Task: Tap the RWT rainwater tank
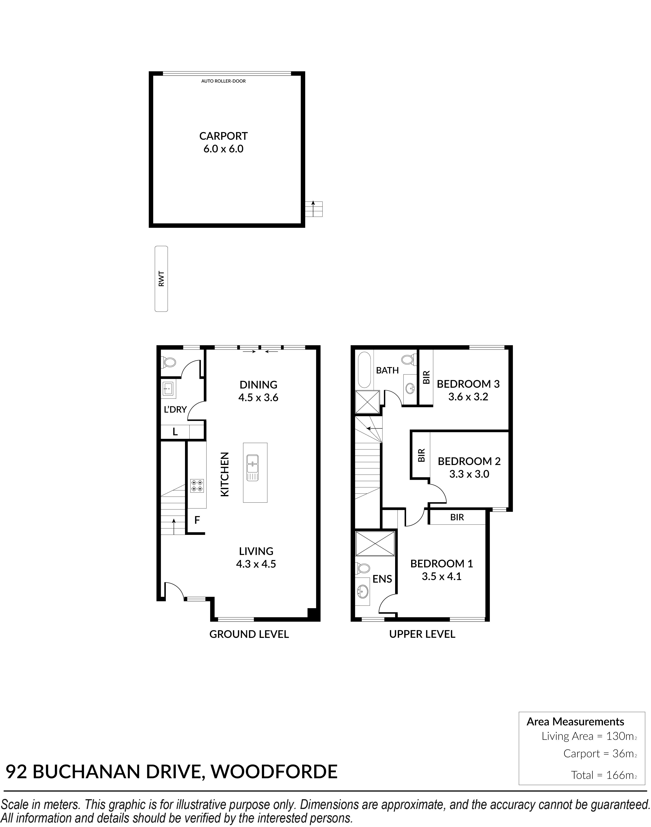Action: coord(161,279)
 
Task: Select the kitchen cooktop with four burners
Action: coord(197,485)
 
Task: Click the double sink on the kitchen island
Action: coord(252,468)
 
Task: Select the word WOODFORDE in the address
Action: coord(274,772)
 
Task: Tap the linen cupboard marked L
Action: coord(175,432)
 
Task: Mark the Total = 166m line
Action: coord(604,775)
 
